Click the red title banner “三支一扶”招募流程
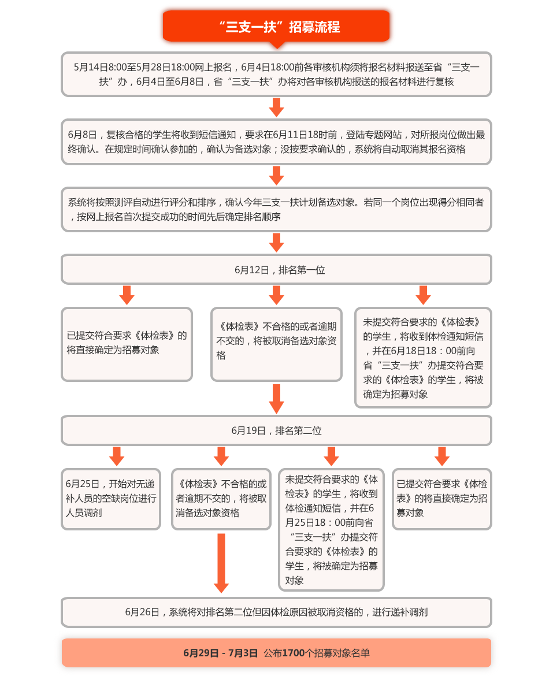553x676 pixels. click(x=276, y=27)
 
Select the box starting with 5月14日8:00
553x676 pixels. click(x=276, y=74)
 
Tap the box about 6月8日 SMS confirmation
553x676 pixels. click(x=276, y=142)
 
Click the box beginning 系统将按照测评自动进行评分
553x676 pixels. click(x=276, y=209)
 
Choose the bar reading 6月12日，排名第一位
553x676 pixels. click(x=276, y=269)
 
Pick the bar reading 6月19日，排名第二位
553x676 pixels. click(x=276, y=430)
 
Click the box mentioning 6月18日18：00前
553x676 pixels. click(x=423, y=358)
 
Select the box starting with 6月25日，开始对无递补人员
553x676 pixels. click(x=111, y=499)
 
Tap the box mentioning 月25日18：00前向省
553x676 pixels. click(x=331, y=529)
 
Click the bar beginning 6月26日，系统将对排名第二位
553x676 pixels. click(x=276, y=612)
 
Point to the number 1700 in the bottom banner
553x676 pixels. click(x=294, y=653)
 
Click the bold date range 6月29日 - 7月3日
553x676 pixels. click(x=220, y=653)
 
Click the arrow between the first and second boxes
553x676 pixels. click(x=276, y=107)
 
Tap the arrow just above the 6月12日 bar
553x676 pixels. click(x=276, y=243)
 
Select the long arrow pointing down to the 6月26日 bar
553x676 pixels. click(x=221, y=563)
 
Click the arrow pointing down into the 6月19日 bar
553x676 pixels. click(x=276, y=399)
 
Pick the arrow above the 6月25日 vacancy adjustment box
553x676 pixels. click(x=117, y=456)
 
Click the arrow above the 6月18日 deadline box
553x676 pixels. click(x=423, y=295)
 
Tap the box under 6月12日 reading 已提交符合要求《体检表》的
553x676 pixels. click(x=127, y=344)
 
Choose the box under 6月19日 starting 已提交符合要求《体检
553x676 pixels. click(x=442, y=499)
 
